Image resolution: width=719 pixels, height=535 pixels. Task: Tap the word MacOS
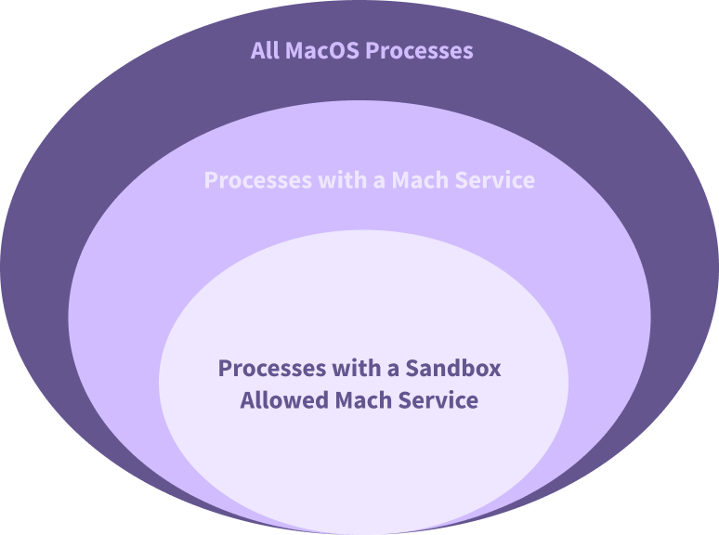pos(321,50)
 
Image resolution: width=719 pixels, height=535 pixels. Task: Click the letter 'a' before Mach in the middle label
pos(379,180)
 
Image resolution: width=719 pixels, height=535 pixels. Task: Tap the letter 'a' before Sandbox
pos(394,369)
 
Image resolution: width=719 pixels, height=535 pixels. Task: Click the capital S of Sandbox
pos(414,368)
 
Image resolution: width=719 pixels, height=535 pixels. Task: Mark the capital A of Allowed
pos(247,400)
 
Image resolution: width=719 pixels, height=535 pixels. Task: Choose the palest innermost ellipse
pos(362,464)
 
